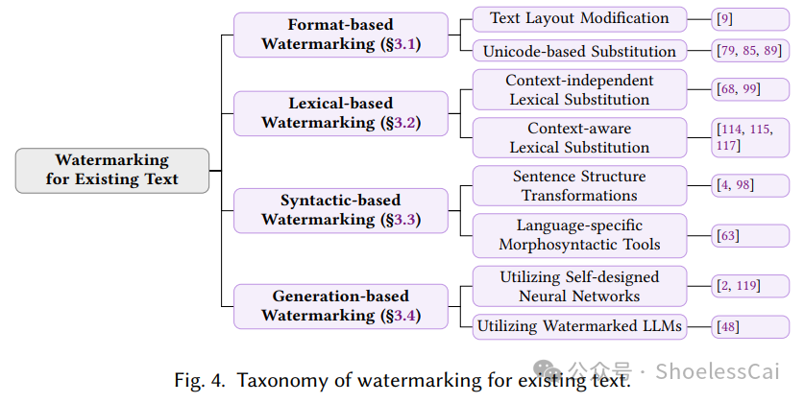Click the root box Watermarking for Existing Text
(111, 170)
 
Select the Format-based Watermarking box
(341, 35)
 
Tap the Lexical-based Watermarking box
(341, 112)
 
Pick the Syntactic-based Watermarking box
(341, 209)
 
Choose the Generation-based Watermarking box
(341, 305)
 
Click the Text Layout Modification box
(579, 18)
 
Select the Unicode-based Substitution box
(579, 50)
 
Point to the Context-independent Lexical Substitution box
(579, 89)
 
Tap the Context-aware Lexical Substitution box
(579, 137)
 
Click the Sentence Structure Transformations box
(579, 185)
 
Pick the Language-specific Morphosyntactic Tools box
(579, 234)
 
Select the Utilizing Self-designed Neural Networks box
(579, 286)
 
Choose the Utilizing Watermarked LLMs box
(579, 326)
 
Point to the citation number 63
(727, 235)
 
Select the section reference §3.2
(401, 123)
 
